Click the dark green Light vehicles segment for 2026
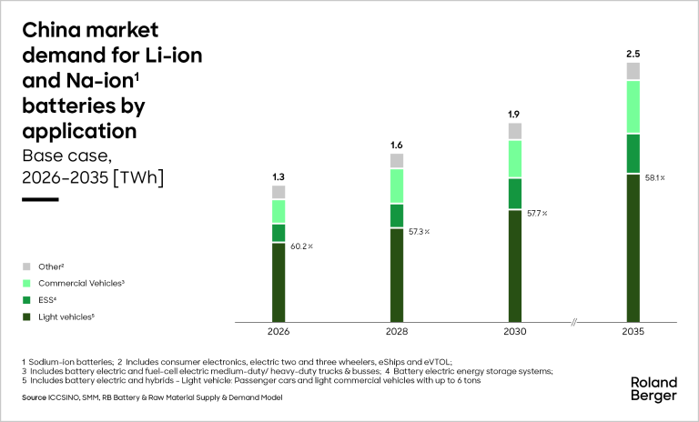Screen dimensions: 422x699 click(x=279, y=282)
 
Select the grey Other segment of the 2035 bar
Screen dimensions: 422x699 click(x=633, y=71)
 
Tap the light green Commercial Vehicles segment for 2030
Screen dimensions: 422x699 click(x=514, y=158)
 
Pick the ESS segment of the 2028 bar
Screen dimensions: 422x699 click(x=396, y=216)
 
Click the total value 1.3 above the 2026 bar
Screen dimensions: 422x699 click(x=279, y=176)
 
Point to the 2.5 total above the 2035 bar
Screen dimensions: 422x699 click(x=633, y=54)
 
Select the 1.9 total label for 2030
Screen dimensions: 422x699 click(x=514, y=114)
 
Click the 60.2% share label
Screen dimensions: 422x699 click(x=302, y=246)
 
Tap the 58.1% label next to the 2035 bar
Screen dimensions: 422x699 click(x=655, y=177)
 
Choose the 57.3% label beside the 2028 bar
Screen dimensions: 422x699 click(x=420, y=232)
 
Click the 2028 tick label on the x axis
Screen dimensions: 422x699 click(x=396, y=333)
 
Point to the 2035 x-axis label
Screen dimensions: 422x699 click(x=633, y=333)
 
